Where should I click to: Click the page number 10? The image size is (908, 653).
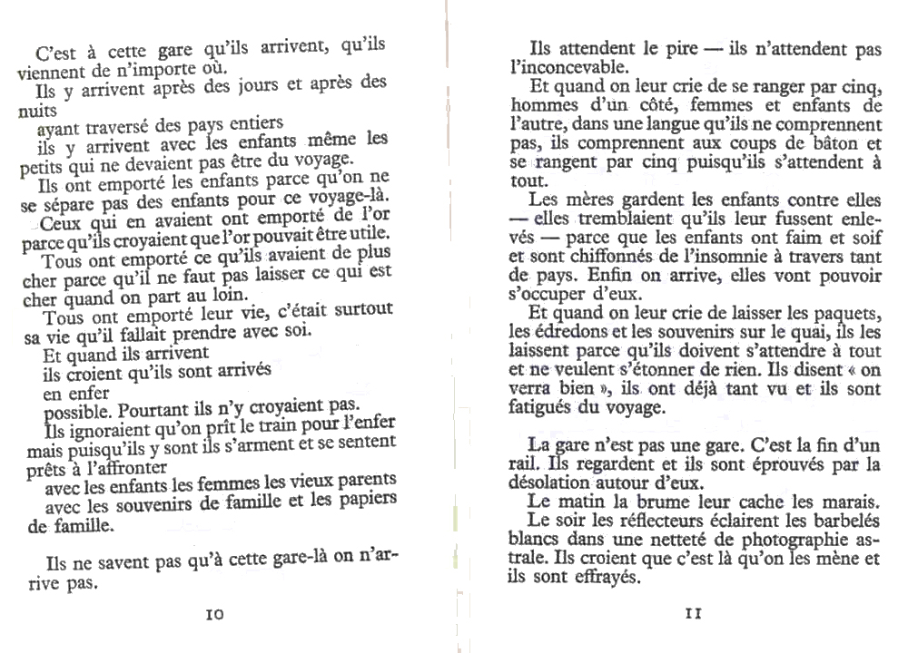[x=215, y=614]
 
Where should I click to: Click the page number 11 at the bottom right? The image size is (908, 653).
[x=694, y=612]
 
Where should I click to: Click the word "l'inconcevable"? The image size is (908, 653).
[x=568, y=66]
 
